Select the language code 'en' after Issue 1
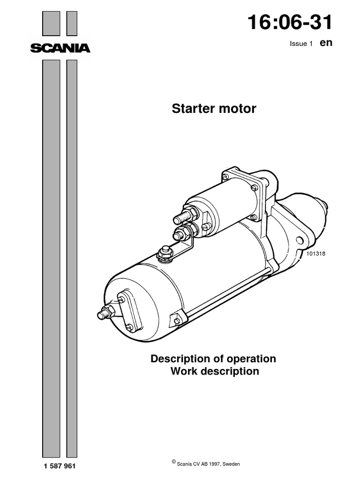coord(326,43)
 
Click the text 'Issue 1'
coord(301,44)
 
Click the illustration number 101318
coord(316,254)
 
